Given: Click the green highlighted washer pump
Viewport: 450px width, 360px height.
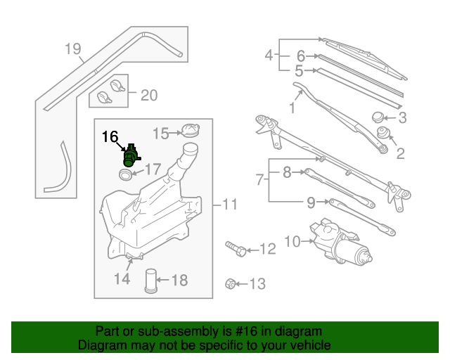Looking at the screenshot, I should pyautogui.click(x=130, y=155).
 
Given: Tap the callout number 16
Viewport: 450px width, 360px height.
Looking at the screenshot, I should pyautogui.click(x=111, y=136).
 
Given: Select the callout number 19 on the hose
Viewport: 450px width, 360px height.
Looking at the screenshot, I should pyautogui.click(x=72, y=49).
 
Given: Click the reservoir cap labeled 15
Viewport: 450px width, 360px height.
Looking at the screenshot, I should pyautogui.click(x=188, y=131).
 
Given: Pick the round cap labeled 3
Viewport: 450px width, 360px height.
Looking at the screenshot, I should pyautogui.click(x=378, y=117).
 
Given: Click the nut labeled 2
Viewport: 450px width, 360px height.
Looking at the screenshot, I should pyautogui.click(x=383, y=134).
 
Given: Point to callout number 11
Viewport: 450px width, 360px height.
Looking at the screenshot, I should pyautogui.click(x=231, y=205).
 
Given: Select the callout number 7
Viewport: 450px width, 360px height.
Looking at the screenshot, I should pyautogui.click(x=260, y=181).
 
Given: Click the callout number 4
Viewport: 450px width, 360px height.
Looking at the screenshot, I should pyautogui.click(x=269, y=54).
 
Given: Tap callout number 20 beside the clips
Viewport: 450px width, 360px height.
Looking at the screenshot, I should pyautogui.click(x=149, y=95).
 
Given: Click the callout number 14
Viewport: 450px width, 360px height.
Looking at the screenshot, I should pyautogui.click(x=122, y=279).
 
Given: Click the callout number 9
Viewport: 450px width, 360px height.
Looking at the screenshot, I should pyautogui.click(x=311, y=204).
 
